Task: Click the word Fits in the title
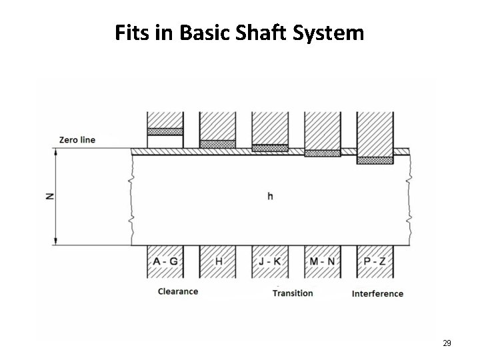[131, 33]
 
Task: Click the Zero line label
[77, 140]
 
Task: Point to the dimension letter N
[50, 196]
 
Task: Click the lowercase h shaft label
[269, 196]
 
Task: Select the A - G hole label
[165, 261]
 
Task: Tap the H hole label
[218, 261]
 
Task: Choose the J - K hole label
[270, 261]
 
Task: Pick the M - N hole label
[323, 261]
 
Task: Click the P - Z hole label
[375, 261]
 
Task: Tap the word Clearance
[178, 291]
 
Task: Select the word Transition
[293, 293]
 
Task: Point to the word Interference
[377, 293]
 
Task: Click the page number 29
[447, 343]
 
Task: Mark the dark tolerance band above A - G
[165, 131]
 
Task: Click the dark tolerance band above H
[218, 144]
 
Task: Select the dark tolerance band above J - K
[270, 148]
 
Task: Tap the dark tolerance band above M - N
[323, 153]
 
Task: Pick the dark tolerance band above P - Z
[375, 159]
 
